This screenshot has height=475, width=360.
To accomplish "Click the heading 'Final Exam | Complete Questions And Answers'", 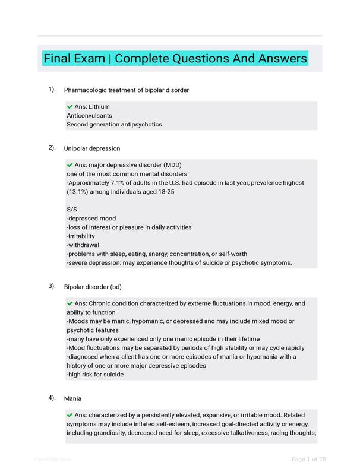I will pyautogui.click(x=175, y=58).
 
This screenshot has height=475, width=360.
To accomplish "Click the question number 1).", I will pyautogui.click(x=52, y=90).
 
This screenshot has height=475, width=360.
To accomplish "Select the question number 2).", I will pyautogui.click(x=52, y=148).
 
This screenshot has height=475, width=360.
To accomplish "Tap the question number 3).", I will pyautogui.click(x=52, y=286).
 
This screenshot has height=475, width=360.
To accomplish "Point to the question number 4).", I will pyautogui.click(x=52, y=398).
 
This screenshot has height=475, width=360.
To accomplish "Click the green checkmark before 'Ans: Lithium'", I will pyautogui.click(x=70, y=107).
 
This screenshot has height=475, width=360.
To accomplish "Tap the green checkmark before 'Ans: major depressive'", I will pyautogui.click(x=70, y=165).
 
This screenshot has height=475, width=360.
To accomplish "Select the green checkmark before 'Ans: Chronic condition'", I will pyautogui.click(x=70, y=303).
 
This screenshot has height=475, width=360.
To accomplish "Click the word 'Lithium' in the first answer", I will pyautogui.click(x=99, y=107).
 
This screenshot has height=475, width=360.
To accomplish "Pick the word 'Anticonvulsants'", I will pyautogui.click(x=89, y=116).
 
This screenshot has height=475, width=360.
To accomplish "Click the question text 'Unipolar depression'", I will pyautogui.click(x=92, y=148).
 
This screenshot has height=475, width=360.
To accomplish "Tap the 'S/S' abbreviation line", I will pyautogui.click(x=72, y=210).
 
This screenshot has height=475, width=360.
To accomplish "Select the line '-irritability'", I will pyautogui.click(x=84, y=236).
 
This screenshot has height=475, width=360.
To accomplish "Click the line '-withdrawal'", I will pyautogui.click(x=83, y=245).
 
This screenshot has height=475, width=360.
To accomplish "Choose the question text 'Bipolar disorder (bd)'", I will pyautogui.click(x=93, y=287).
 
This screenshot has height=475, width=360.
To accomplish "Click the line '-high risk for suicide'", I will pyautogui.click(x=95, y=375).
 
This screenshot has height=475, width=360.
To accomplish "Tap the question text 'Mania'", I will pyautogui.click(x=73, y=398).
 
